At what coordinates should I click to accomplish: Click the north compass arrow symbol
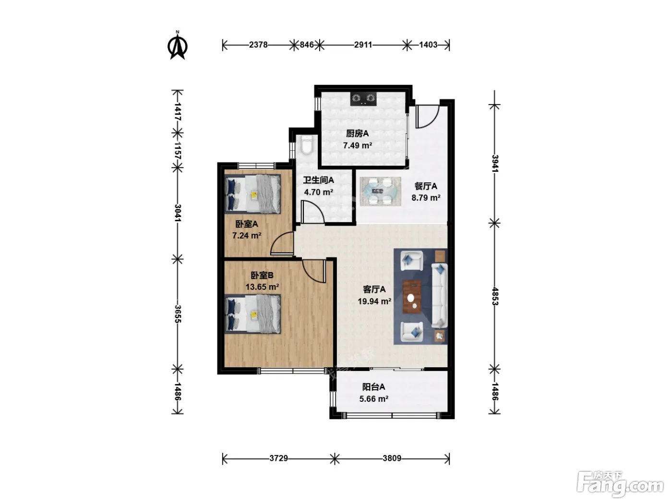pos(177,46)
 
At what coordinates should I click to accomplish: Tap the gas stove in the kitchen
pos(363,99)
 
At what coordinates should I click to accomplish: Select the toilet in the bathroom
pos(306,145)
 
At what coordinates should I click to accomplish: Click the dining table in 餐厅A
pos(380,192)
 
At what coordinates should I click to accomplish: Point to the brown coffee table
pos(412,297)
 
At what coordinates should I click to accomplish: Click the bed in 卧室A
pos(253,194)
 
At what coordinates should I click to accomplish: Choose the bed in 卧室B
pos(253,313)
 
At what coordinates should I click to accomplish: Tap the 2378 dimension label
pos(258,45)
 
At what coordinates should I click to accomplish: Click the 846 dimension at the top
pos(306,45)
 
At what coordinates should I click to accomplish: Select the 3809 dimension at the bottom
pos(392,458)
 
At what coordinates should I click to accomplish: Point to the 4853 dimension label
pos(495,296)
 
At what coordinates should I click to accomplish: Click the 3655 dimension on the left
pos(178,314)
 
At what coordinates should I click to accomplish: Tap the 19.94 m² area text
pos(374,301)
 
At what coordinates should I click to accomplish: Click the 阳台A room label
pos(373,387)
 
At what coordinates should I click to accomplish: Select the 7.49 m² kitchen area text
pos(358,145)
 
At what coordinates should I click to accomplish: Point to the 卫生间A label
pos(318,180)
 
